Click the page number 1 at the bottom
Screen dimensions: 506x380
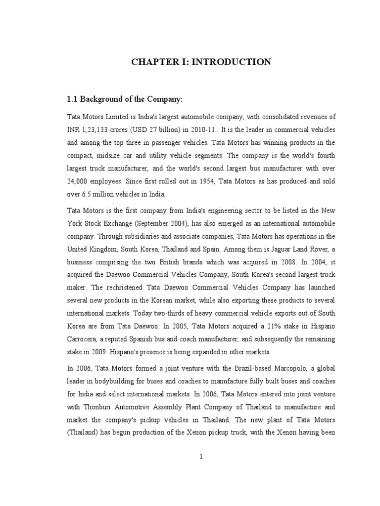tap(201, 457)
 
